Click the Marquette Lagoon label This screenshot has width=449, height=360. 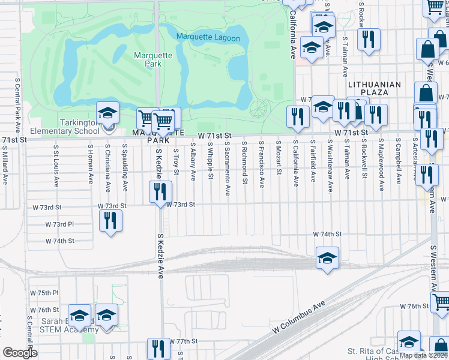coord(208,38)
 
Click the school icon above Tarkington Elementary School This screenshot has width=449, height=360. coord(107,112)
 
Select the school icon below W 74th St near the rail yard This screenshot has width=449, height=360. coord(327,258)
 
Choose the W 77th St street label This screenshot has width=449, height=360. coord(183,341)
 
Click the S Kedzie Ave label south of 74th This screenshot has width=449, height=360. coord(160,256)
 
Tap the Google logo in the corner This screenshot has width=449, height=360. coord(20,353)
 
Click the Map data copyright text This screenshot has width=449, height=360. coord(423,355)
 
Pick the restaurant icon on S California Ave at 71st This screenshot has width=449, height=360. coord(297,116)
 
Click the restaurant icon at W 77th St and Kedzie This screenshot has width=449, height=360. coord(159,348)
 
